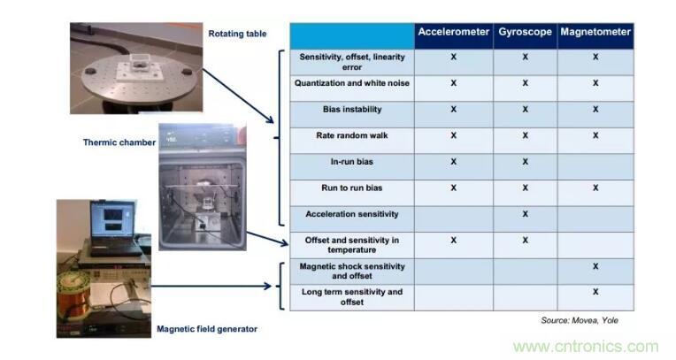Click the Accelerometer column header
click(453, 32)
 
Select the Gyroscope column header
click(525, 32)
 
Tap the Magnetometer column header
click(595, 32)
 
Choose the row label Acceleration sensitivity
click(351, 214)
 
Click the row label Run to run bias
click(351, 188)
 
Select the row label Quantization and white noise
click(351, 83)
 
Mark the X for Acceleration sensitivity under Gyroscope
click(525, 214)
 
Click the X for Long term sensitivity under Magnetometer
click(595, 291)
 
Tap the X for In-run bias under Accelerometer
click(453, 162)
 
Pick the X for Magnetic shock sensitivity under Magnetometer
click(595, 265)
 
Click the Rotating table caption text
click(237, 34)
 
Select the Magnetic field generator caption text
click(206, 329)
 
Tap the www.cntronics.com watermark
click(586, 347)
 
